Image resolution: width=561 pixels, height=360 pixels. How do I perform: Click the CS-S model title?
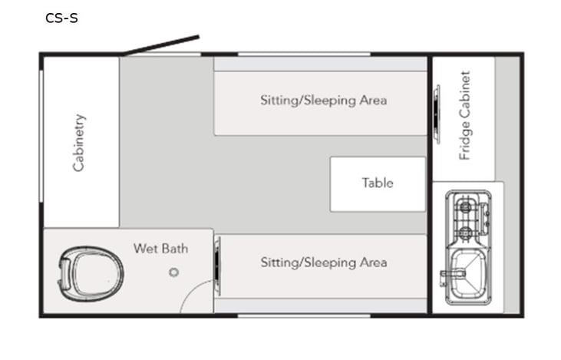[61, 18]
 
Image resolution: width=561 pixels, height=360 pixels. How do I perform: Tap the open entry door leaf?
[161, 45]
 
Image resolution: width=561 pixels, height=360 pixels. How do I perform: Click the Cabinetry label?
[79, 142]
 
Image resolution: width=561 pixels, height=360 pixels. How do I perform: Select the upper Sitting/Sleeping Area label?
[323, 101]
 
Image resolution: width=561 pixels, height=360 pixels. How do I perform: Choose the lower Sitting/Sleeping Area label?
[323, 263]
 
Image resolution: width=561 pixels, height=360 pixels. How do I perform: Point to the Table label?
[378, 183]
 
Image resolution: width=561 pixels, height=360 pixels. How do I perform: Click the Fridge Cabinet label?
[464, 116]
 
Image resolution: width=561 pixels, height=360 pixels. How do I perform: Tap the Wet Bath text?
[160, 249]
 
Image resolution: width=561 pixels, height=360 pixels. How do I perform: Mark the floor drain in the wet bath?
[174, 272]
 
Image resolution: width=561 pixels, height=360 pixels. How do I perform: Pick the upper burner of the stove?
[466, 206]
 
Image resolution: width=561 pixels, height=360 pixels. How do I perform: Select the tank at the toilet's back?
[67, 273]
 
